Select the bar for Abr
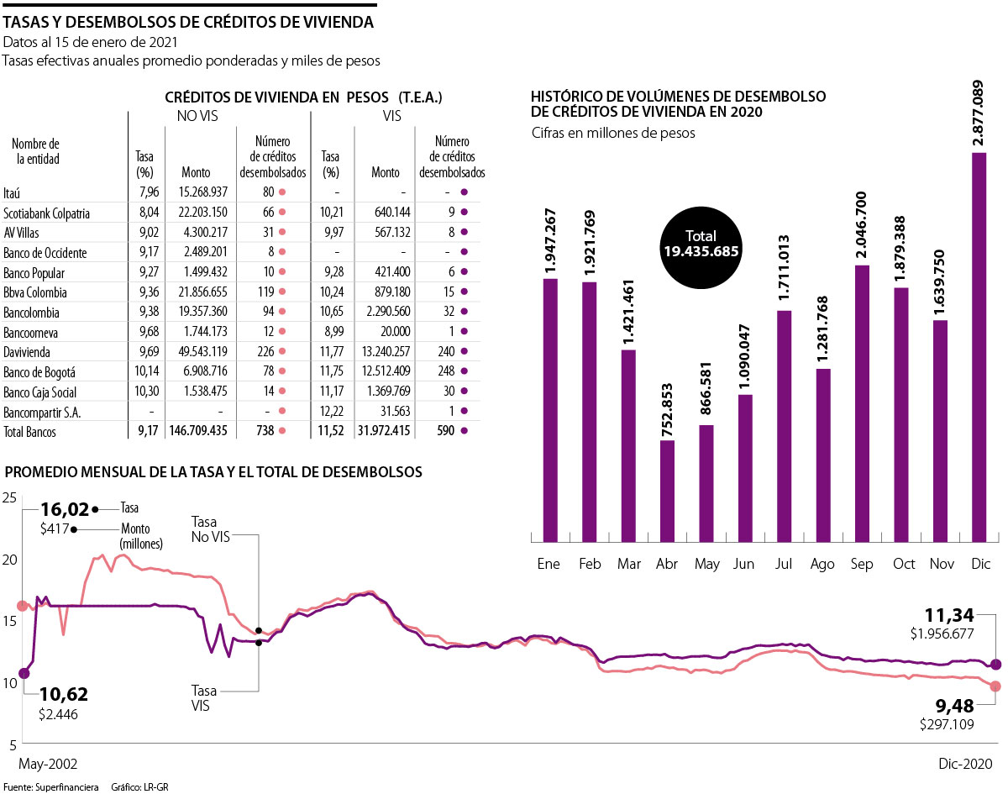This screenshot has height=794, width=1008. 668,490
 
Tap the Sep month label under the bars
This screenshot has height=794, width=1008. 861,564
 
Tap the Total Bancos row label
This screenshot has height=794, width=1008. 30,432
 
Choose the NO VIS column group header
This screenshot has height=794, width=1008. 197,116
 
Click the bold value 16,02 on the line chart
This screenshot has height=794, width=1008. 65,509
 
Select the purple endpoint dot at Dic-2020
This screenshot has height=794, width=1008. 996,664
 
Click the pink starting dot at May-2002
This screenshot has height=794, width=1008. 23,606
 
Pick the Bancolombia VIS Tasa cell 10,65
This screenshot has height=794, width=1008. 331,313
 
